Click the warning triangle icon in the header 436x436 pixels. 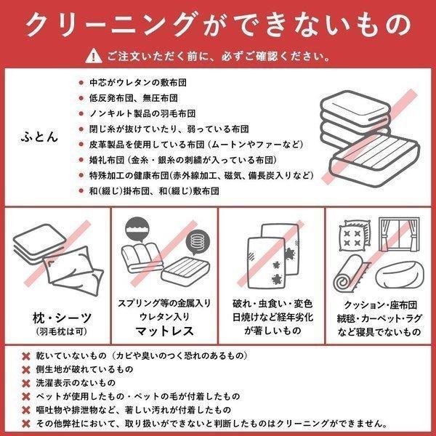(94, 56)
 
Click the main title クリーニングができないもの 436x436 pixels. (218, 24)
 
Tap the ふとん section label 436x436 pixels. (36, 136)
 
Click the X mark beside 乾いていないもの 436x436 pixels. (26, 357)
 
